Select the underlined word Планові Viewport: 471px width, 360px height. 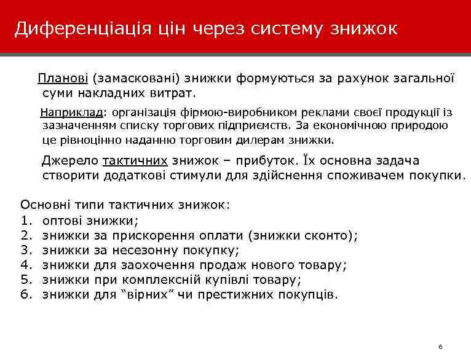63,79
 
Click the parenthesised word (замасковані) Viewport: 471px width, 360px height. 134,79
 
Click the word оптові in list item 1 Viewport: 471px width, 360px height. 63,220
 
